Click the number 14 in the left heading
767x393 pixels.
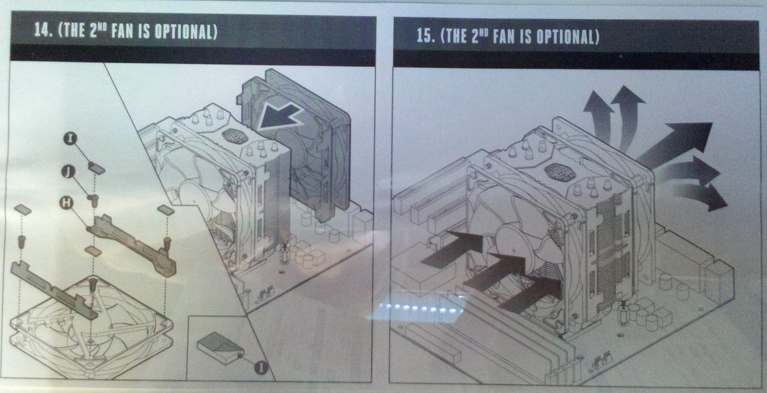tap(42, 29)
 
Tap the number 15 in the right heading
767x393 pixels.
tap(424, 35)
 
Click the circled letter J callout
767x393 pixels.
tap(69, 171)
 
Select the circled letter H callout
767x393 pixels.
tap(67, 202)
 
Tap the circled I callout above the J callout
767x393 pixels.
tap(70, 138)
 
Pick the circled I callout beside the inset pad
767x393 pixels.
tap(261, 367)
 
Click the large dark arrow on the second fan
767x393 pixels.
tap(279, 116)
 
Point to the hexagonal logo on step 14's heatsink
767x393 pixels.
tap(235, 136)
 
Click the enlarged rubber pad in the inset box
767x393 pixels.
tap(220, 347)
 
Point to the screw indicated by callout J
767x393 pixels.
tap(93, 200)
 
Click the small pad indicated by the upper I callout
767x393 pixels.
tap(97, 168)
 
